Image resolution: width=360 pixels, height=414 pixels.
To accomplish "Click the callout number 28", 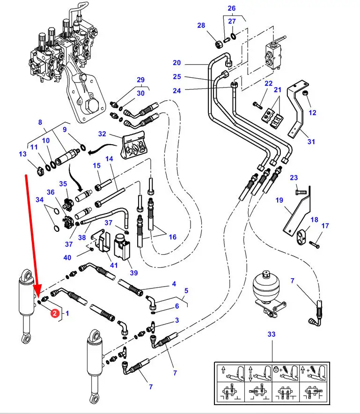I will (201, 25).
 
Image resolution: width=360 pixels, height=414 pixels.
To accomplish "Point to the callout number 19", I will (279, 200).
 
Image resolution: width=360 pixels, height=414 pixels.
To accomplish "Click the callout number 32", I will (102, 134).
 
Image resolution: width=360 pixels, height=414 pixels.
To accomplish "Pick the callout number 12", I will (313, 112).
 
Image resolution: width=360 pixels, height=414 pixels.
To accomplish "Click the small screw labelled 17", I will (315, 244).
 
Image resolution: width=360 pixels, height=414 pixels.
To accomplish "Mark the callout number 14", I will (110, 159).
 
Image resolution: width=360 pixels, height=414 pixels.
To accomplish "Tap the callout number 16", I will (172, 237).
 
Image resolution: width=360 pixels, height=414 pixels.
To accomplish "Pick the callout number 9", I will (65, 129).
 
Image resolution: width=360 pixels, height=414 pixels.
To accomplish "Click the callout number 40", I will (67, 257).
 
